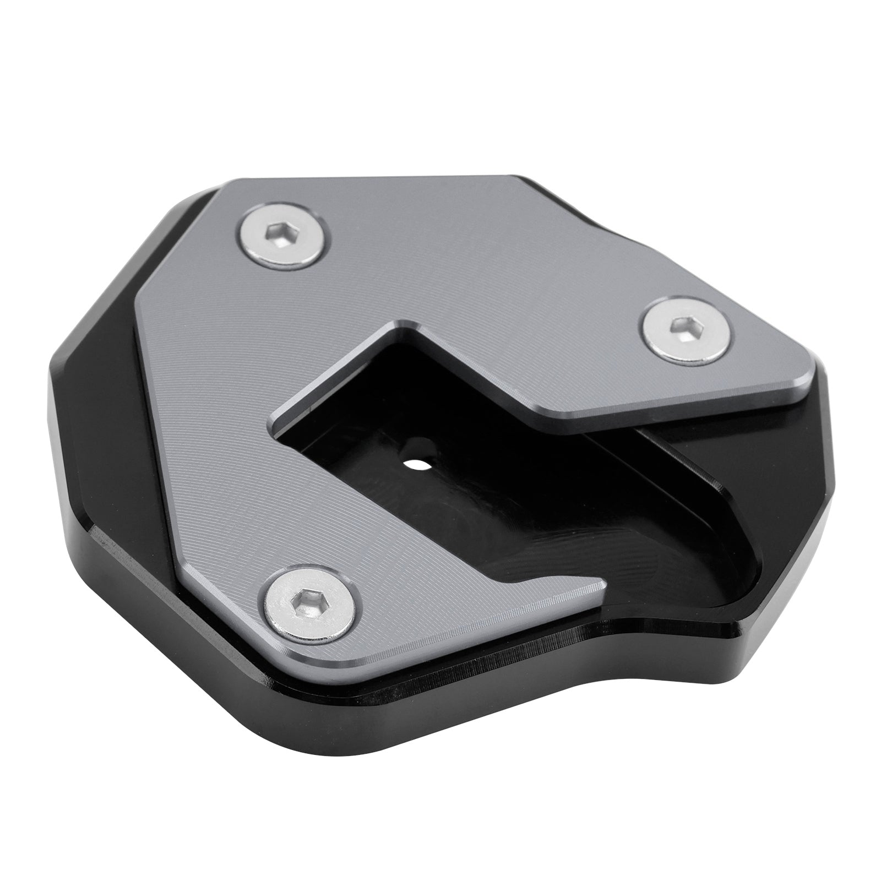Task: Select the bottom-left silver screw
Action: click(x=308, y=601)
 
